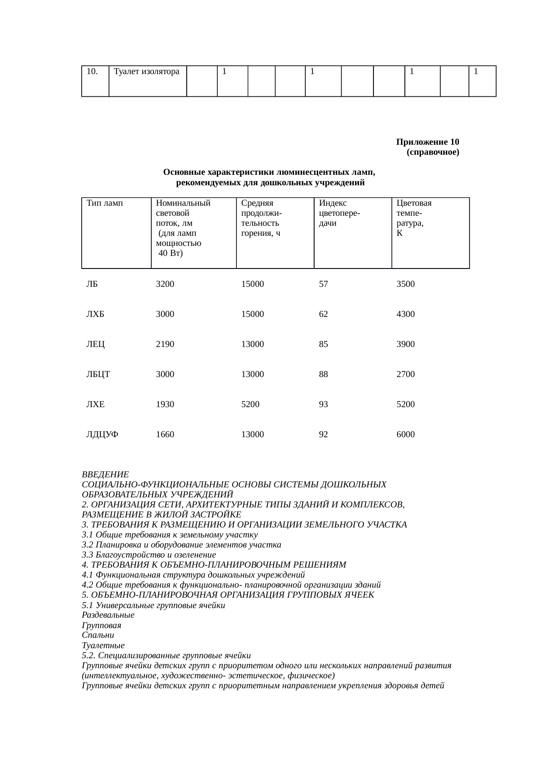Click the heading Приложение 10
[x=427, y=142]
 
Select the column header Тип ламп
[x=105, y=203]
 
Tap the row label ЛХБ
[x=95, y=314]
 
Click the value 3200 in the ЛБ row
[x=165, y=284]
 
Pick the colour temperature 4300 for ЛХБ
[x=405, y=314]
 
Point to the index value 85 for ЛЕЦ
[x=323, y=344]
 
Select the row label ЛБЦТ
[x=98, y=374]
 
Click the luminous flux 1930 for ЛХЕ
[x=165, y=405]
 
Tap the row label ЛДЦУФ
[x=103, y=435]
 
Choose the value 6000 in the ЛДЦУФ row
[x=405, y=435]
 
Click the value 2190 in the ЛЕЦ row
[x=165, y=344]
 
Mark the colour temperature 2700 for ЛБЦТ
[x=405, y=374]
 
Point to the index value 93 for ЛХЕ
[x=323, y=405]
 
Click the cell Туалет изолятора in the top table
[x=147, y=71]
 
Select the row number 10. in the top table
[x=92, y=71]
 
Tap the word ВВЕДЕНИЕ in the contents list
[x=105, y=475]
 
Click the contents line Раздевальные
[x=108, y=615]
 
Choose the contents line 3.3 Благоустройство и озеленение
[x=149, y=555]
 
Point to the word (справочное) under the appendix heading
[x=432, y=153]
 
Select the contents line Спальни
[x=98, y=636]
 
